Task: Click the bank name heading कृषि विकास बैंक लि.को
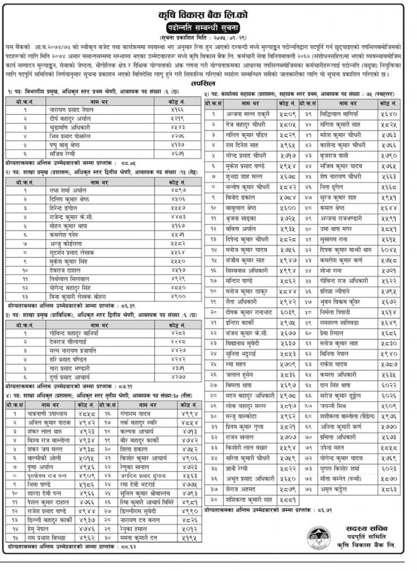(x=209, y=11)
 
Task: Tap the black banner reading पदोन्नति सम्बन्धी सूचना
(x=208, y=26)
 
